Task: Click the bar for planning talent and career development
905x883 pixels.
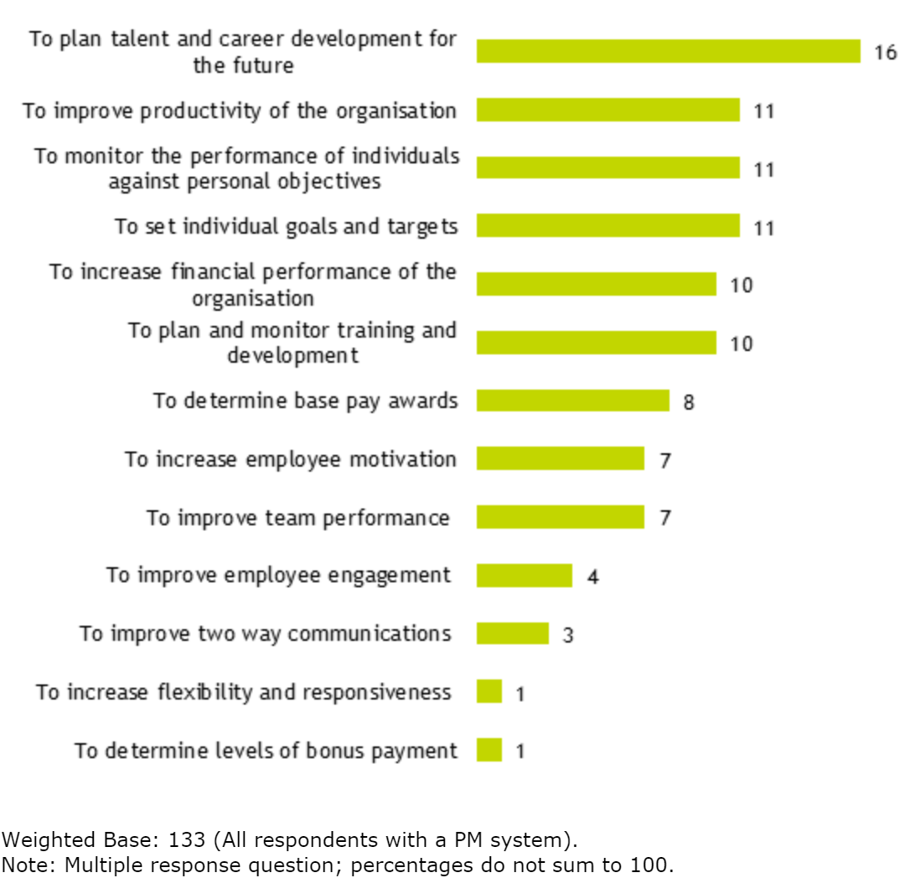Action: (x=668, y=51)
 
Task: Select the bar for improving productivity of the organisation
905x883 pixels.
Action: (x=608, y=110)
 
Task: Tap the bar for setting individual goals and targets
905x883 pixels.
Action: (x=608, y=226)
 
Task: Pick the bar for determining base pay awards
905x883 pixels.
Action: (x=572, y=400)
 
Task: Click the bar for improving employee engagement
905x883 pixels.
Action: (x=524, y=576)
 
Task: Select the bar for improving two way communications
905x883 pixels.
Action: (x=512, y=633)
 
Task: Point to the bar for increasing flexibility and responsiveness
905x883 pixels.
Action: (x=489, y=692)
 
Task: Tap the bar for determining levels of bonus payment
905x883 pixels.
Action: (x=489, y=750)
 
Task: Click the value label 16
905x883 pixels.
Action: (x=885, y=53)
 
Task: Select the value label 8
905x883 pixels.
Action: (x=688, y=402)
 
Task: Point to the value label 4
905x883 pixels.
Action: (x=592, y=577)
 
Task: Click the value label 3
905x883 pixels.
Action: (x=567, y=635)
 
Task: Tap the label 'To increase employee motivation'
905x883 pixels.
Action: (x=290, y=459)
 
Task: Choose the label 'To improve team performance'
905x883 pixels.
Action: (x=297, y=518)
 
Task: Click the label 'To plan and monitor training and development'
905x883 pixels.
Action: (x=292, y=343)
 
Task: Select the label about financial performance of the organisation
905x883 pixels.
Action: (x=252, y=285)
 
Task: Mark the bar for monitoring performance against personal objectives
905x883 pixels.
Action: (x=608, y=168)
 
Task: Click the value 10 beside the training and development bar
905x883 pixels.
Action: (x=741, y=343)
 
